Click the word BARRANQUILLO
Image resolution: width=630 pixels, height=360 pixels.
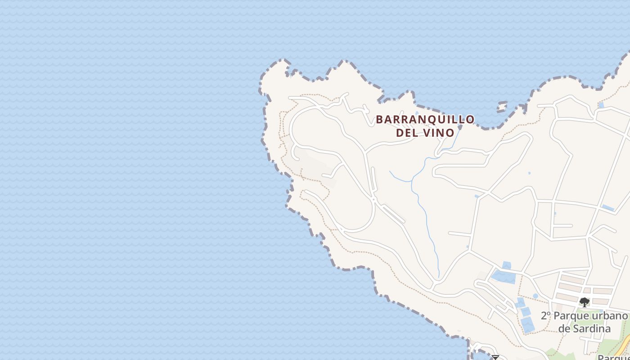click(x=425, y=119)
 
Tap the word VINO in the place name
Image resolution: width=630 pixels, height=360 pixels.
click(x=439, y=133)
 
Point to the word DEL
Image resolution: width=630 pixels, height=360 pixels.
click(x=408, y=133)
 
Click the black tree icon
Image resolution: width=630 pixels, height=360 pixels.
click(x=584, y=302)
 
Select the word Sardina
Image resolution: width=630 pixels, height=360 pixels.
click(x=585, y=328)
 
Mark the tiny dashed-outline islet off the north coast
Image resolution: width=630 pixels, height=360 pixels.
click(x=502, y=107)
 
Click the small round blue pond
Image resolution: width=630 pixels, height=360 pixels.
click(x=535, y=296)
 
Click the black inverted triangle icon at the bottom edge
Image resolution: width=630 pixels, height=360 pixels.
click(x=495, y=358)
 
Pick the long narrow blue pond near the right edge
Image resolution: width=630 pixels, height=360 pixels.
click(x=608, y=208)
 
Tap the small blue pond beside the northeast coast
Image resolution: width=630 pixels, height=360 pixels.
click(x=601, y=105)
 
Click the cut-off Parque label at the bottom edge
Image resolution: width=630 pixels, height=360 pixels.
click(x=612, y=357)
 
